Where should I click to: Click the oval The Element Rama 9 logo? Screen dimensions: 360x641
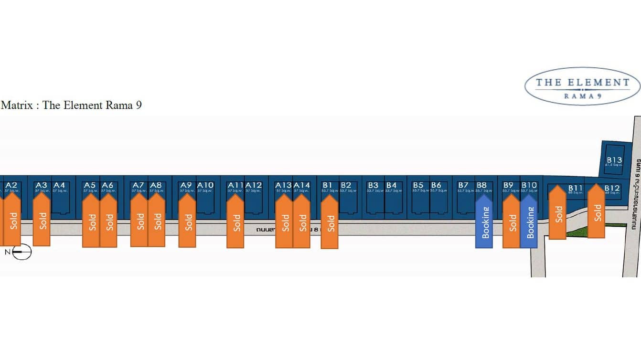click(x=582, y=86)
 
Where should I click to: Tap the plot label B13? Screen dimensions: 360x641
click(x=614, y=160)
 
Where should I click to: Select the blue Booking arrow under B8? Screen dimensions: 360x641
click(x=484, y=221)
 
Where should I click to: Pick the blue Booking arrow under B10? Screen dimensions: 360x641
click(x=529, y=221)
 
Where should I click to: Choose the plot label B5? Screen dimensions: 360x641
click(x=418, y=185)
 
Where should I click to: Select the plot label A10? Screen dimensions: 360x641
click(x=205, y=185)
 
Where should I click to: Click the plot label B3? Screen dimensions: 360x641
click(x=373, y=185)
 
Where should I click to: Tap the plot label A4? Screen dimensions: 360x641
click(x=59, y=185)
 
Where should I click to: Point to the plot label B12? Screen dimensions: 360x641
click(x=612, y=188)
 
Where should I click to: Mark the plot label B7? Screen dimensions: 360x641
click(x=463, y=185)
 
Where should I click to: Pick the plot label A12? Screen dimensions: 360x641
click(x=254, y=185)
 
